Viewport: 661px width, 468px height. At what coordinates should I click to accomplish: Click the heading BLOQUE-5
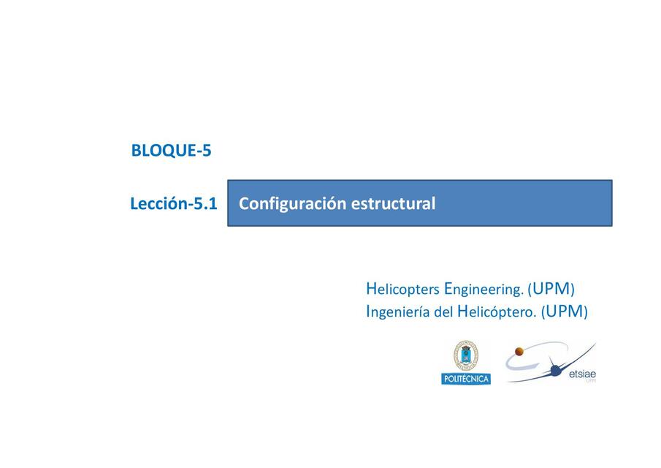pyautogui.click(x=171, y=151)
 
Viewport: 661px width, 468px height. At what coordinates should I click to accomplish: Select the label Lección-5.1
pyautogui.click(x=173, y=204)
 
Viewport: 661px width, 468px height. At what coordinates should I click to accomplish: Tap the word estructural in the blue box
pyautogui.click(x=393, y=204)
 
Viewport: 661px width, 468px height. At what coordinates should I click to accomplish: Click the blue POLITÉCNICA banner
pyautogui.click(x=466, y=379)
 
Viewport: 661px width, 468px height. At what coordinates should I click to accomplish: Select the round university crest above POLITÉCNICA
pyautogui.click(x=466, y=356)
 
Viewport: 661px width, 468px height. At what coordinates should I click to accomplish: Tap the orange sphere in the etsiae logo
pyautogui.click(x=520, y=352)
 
